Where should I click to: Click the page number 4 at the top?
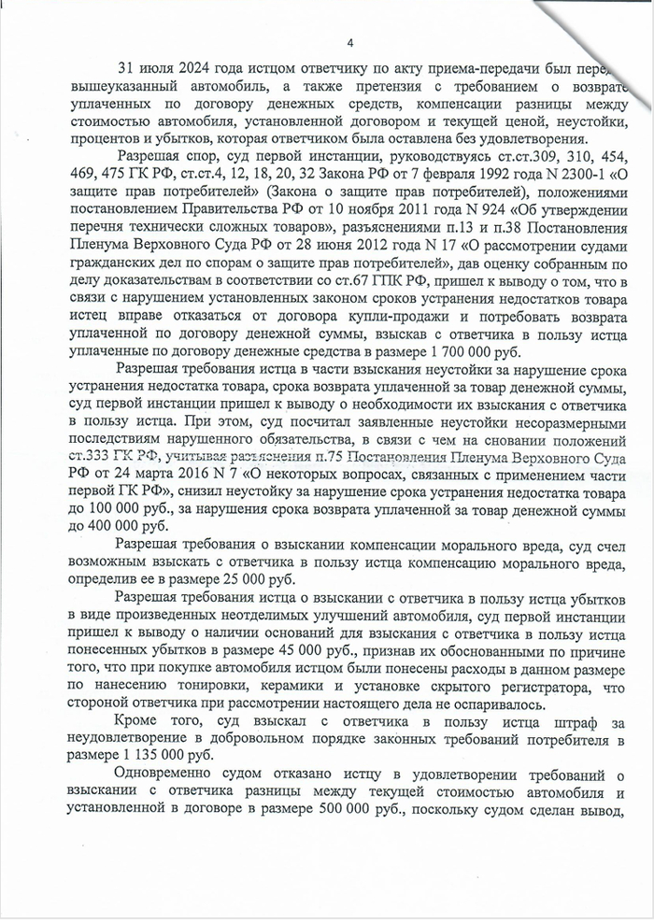pos(348,43)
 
